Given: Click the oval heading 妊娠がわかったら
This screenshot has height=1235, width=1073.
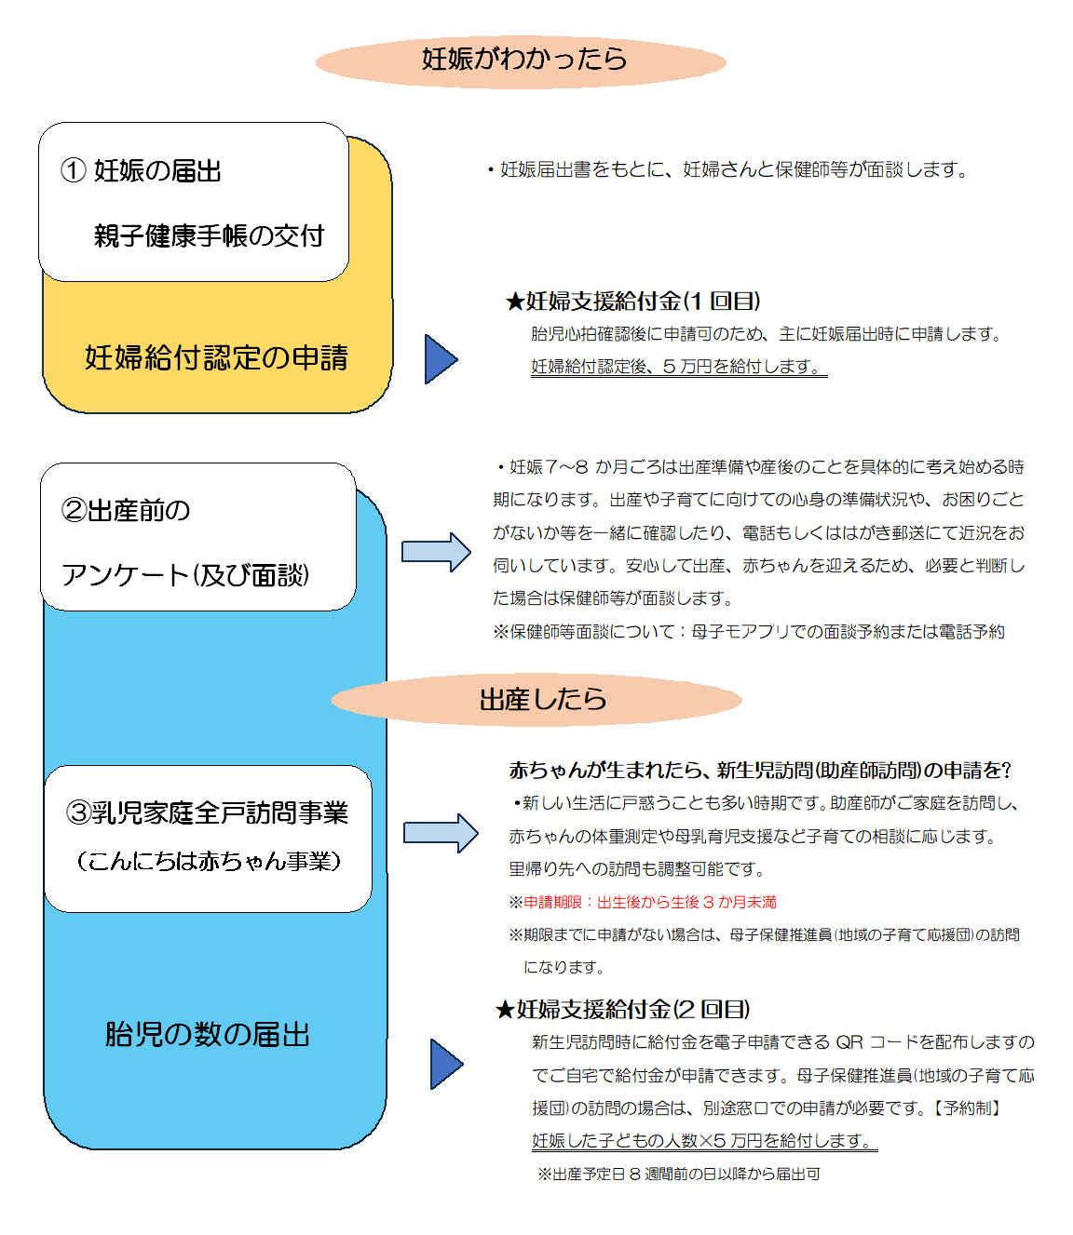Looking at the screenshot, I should (x=522, y=60).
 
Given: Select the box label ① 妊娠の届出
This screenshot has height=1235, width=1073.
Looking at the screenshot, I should (x=142, y=171).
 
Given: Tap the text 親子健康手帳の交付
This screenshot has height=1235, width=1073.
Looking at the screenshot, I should (x=209, y=236).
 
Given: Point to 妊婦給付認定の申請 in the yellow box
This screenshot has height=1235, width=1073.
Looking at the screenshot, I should (x=216, y=358).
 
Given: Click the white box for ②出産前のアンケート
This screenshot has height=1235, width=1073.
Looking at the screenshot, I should (x=197, y=538).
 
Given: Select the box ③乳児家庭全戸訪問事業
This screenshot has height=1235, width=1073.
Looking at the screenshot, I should (x=208, y=838).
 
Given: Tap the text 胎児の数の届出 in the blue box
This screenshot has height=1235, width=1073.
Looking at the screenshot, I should (x=207, y=1035).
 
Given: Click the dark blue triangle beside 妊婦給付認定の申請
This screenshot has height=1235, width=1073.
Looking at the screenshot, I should (x=440, y=359).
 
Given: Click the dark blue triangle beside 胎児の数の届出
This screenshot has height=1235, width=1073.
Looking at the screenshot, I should (x=445, y=1064).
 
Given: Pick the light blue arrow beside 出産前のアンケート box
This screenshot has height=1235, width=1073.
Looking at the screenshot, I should (x=436, y=552).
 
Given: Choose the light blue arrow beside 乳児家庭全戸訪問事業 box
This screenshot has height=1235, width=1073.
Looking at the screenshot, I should (x=440, y=833).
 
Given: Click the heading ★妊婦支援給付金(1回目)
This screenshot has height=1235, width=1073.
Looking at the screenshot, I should (x=633, y=302).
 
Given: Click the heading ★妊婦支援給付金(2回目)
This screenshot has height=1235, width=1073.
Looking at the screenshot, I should (x=623, y=1010).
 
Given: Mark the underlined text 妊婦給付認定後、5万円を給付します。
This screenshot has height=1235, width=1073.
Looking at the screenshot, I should (x=678, y=367).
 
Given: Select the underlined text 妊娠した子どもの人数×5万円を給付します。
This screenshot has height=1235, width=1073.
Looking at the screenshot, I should (x=703, y=1141).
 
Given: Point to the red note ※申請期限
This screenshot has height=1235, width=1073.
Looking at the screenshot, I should (x=643, y=902).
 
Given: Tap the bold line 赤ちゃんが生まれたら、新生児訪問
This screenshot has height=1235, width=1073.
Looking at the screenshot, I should (x=759, y=771).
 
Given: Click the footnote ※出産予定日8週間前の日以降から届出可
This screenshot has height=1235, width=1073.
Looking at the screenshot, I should (x=678, y=1175).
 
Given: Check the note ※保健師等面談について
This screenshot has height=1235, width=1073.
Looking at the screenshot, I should (x=749, y=632).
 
